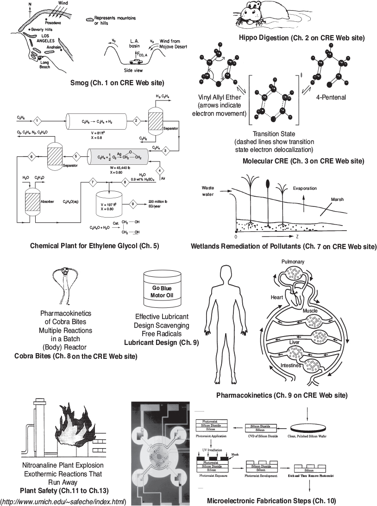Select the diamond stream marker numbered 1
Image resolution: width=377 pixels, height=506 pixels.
pos(37,121)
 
